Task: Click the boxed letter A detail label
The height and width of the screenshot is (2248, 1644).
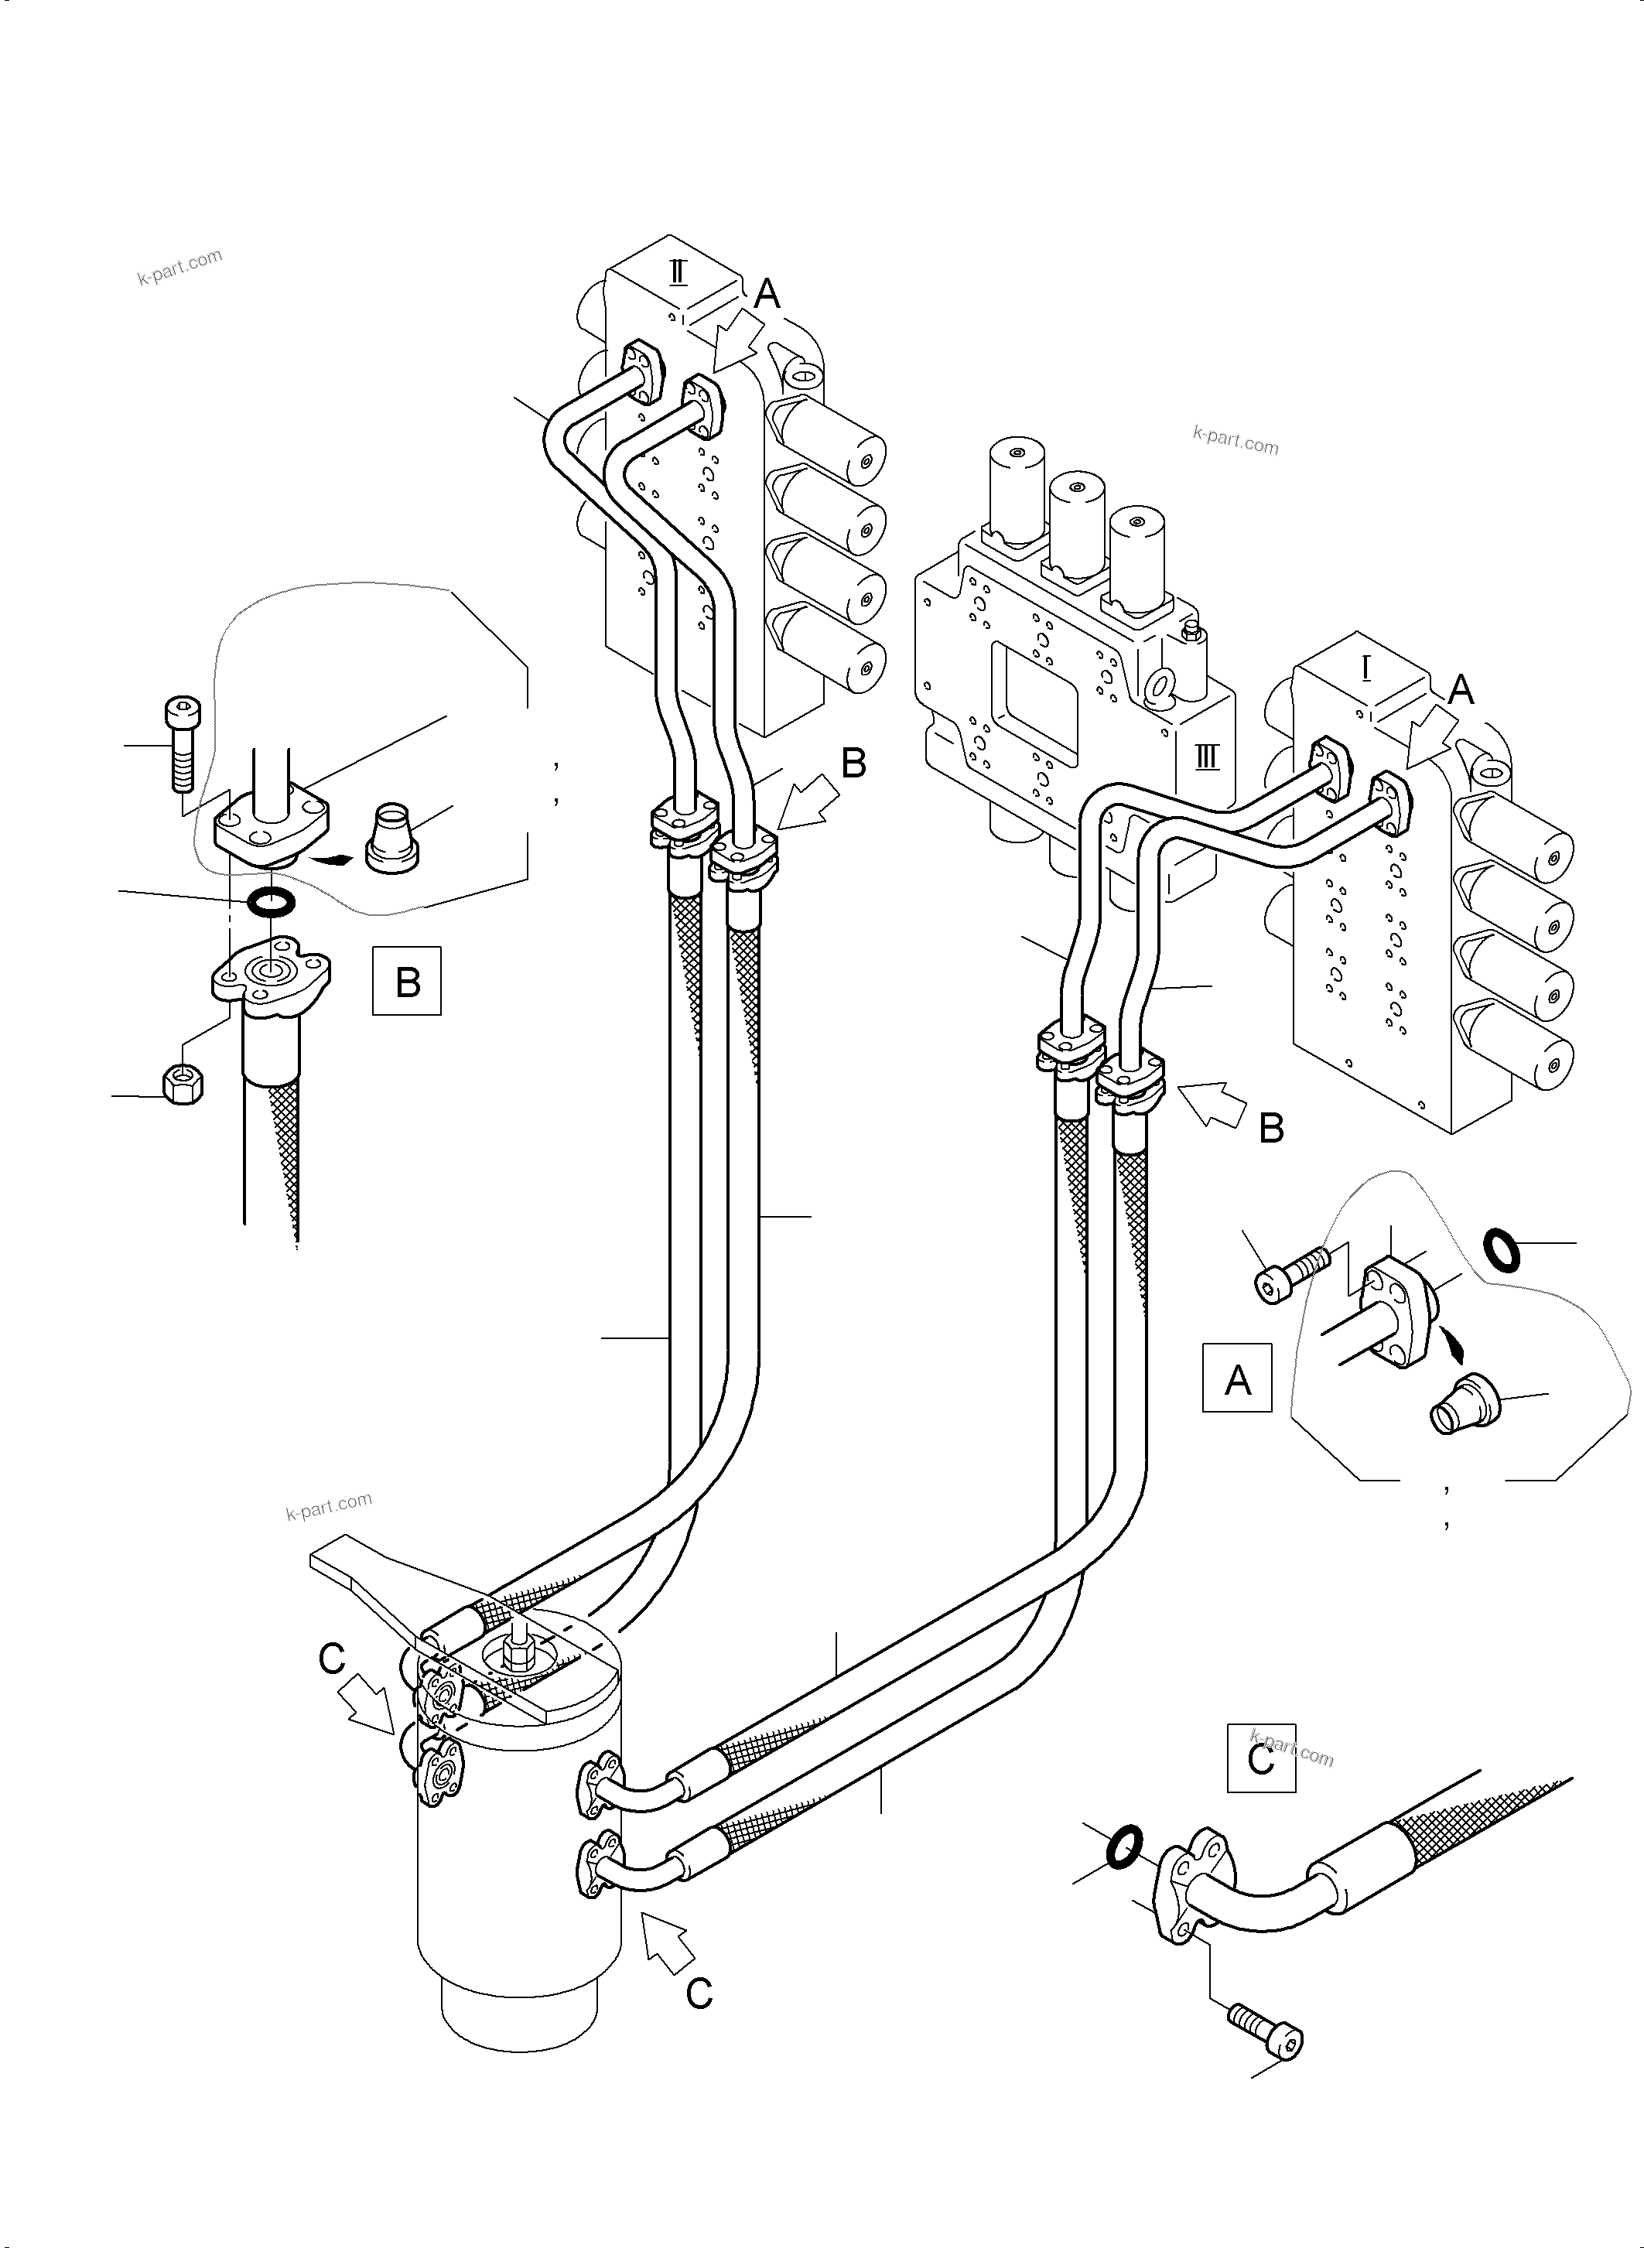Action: (1237, 1379)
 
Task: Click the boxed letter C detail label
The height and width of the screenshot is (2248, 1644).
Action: (1261, 1758)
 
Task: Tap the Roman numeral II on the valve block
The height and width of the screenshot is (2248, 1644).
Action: (678, 272)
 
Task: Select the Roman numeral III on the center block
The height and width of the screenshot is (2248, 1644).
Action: (1206, 757)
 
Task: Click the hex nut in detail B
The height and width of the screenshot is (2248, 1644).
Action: (182, 1084)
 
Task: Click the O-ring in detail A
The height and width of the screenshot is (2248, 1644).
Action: (1501, 1250)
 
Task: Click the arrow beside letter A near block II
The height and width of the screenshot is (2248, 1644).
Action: (737, 338)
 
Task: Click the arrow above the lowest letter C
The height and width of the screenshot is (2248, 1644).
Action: (668, 1942)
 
